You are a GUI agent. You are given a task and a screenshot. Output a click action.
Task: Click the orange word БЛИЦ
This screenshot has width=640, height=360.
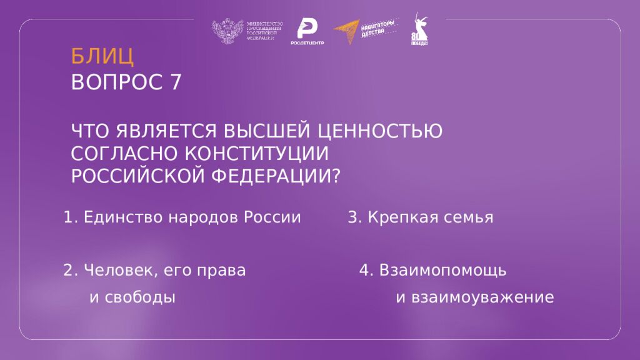(x=102, y=56)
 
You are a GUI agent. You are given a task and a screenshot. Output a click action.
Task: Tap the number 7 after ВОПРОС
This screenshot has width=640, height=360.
(x=175, y=82)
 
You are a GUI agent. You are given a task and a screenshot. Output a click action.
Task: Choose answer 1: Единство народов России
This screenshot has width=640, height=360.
(x=182, y=217)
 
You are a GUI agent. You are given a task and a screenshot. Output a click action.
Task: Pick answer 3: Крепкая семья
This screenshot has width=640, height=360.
(x=421, y=217)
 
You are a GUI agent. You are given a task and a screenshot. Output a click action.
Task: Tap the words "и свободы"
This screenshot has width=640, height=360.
(x=132, y=297)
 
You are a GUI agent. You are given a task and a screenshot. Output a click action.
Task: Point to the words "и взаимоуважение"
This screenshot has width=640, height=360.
(x=475, y=297)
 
